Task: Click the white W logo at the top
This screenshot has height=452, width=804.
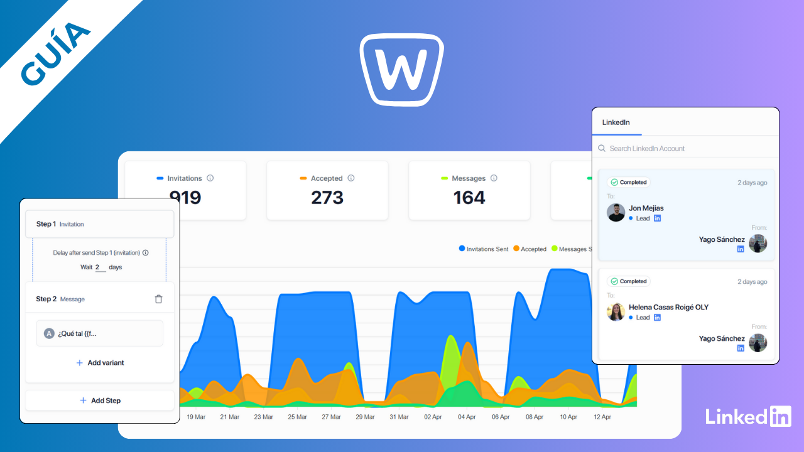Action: pyautogui.click(x=402, y=69)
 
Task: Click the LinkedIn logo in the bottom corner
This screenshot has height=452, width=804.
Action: pyautogui.click(x=748, y=417)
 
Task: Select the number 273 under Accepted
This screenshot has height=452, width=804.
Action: pyautogui.click(x=327, y=198)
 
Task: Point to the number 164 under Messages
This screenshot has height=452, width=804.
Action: pyautogui.click(x=469, y=198)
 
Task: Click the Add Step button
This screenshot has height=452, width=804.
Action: pyautogui.click(x=100, y=401)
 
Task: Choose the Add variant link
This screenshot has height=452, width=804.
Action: pyautogui.click(x=100, y=363)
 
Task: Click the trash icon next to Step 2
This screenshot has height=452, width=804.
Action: pyautogui.click(x=158, y=299)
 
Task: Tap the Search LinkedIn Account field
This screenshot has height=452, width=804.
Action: pyautogui.click(x=647, y=149)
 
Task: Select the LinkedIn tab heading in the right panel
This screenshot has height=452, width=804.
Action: pyautogui.click(x=616, y=122)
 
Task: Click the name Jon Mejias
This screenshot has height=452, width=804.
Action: pyautogui.click(x=646, y=208)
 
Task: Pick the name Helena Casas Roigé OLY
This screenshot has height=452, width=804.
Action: pyautogui.click(x=668, y=308)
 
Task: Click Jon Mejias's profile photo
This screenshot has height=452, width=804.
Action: pyautogui.click(x=616, y=212)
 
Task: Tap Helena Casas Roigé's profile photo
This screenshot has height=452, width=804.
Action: pyautogui.click(x=616, y=311)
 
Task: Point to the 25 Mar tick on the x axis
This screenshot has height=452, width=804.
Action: pyautogui.click(x=297, y=417)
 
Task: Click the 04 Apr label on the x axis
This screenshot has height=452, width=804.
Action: pyautogui.click(x=467, y=417)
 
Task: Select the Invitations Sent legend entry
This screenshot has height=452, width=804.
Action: pyautogui.click(x=483, y=249)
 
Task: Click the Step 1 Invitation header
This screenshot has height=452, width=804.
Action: pyautogui.click(x=99, y=224)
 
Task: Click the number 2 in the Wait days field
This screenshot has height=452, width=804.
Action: pyautogui.click(x=98, y=267)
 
